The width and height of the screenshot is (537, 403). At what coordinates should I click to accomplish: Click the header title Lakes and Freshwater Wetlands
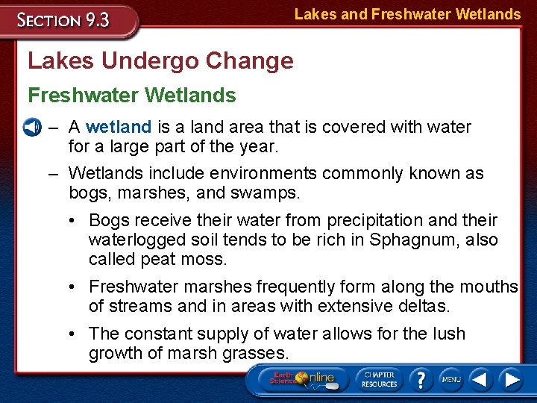[407, 14]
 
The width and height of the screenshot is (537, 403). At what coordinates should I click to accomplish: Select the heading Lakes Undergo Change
[160, 60]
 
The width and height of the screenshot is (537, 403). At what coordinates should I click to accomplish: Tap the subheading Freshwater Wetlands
[131, 96]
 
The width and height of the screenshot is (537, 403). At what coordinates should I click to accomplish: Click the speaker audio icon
[31, 128]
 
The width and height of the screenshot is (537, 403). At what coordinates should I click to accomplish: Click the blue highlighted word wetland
[119, 127]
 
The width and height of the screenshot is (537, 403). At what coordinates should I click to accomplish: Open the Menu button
[450, 379]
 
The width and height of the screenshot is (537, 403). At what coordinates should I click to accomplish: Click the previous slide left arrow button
[481, 379]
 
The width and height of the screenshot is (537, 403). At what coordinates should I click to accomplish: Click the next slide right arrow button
[512, 379]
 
